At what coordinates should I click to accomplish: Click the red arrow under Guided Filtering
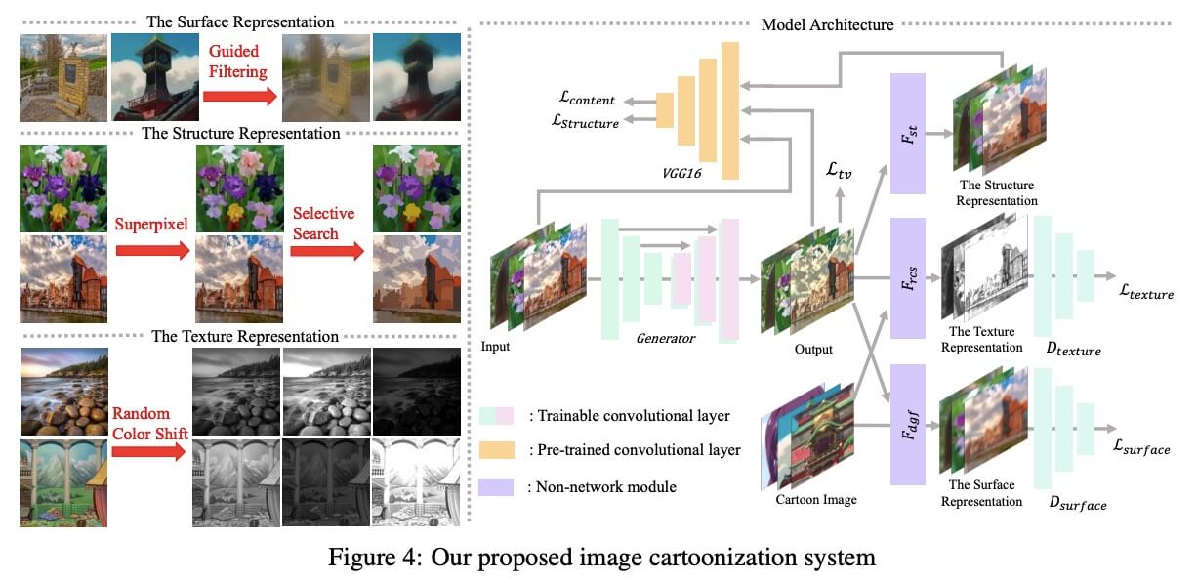pyautogui.click(x=240, y=96)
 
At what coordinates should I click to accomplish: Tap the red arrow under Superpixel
pyautogui.click(x=153, y=250)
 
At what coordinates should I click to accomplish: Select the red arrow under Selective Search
pyautogui.click(x=327, y=250)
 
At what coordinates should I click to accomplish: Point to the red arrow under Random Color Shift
pyautogui.click(x=149, y=451)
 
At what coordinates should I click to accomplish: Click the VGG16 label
pyautogui.click(x=681, y=173)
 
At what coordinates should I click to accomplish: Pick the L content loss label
pyautogui.click(x=586, y=99)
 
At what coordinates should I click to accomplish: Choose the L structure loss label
pyautogui.click(x=585, y=122)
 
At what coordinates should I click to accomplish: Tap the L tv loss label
pyautogui.click(x=839, y=171)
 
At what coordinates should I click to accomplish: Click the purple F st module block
pyautogui.click(x=908, y=134)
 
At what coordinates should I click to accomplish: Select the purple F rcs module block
pyautogui.click(x=908, y=278)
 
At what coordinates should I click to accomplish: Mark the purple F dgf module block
pyautogui.click(x=908, y=425)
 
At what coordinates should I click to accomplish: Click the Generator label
pyautogui.click(x=665, y=338)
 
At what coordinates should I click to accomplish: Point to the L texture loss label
pyautogui.click(x=1147, y=292)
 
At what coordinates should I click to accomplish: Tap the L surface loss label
pyautogui.click(x=1141, y=447)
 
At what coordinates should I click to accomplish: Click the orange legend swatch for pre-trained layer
pyautogui.click(x=496, y=450)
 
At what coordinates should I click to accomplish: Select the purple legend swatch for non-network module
pyautogui.click(x=496, y=487)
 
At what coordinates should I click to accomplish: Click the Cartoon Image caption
pyautogui.click(x=816, y=500)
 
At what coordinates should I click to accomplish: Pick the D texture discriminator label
pyautogui.click(x=1074, y=349)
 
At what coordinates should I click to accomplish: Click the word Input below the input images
pyautogui.click(x=495, y=347)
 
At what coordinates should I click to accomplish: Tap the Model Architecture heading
pyautogui.click(x=827, y=24)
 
